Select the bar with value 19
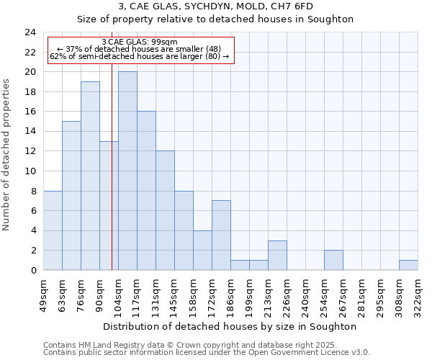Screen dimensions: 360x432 pos(90,176)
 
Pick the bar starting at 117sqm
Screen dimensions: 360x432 pos(146,191)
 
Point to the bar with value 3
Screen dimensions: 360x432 pos(277,255)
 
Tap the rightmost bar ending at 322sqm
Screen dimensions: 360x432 pos(408,265)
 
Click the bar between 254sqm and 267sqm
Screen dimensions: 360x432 pos(333,260)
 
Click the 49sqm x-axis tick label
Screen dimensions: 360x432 pos(43,294)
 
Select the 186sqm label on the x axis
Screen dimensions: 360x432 pos(230,294)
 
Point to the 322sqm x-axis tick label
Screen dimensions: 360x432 pos(418,294)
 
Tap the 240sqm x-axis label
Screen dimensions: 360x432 pos(305,294)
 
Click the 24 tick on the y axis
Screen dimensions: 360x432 pos(30,32)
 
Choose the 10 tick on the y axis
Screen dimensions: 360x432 pos(30,171)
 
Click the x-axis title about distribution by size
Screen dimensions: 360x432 pos(230,326)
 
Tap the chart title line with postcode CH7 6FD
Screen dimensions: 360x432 pos(215,6)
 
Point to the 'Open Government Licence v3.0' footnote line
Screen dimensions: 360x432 pos(207,353)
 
